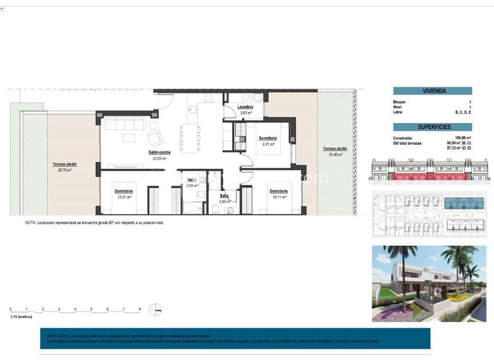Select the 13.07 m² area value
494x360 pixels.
coord(124,196)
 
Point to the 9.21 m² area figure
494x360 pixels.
coord(267,143)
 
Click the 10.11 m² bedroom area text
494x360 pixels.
coord(278,196)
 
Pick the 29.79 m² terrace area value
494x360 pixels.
coord(64,170)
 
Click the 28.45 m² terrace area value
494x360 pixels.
coord(334,154)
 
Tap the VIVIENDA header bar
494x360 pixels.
coord(432,91)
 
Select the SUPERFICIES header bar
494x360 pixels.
coord(432,127)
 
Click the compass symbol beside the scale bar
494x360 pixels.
coord(155,309)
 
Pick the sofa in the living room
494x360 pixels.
coord(124,123)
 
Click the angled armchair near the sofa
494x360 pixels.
coord(156,137)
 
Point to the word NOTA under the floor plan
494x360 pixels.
coord(30,223)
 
